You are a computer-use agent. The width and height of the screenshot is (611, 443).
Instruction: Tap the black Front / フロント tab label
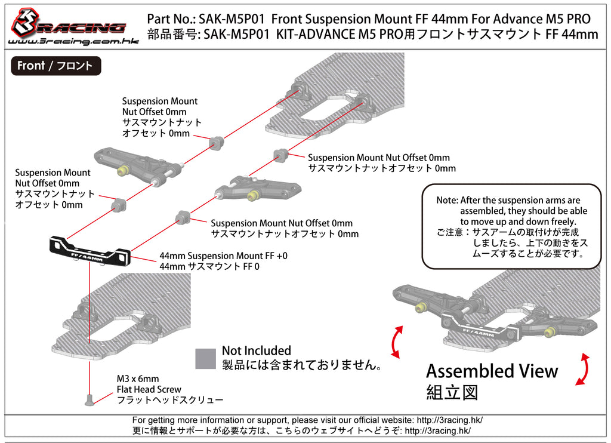(55, 66)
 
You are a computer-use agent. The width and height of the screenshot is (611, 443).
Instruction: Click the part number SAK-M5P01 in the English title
(234, 19)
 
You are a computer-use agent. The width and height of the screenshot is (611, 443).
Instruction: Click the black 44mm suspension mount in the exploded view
(90, 250)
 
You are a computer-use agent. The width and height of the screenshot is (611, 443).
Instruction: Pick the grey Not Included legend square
(205, 358)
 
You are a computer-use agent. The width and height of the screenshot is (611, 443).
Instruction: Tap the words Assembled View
(492, 371)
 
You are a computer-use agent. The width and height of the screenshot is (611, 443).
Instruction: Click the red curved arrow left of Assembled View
(396, 342)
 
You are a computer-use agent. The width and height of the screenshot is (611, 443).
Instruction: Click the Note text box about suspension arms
(511, 227)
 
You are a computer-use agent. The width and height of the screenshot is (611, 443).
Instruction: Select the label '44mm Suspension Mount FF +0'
(223, 256)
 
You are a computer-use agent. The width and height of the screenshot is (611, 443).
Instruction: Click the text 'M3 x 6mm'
(138, 379)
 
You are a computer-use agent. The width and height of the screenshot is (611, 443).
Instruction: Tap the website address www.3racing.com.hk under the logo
(67, 42)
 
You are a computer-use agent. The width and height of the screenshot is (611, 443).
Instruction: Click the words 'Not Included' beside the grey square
(256, 351)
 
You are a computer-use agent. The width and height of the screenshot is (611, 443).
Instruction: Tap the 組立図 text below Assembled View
(452, 392)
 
